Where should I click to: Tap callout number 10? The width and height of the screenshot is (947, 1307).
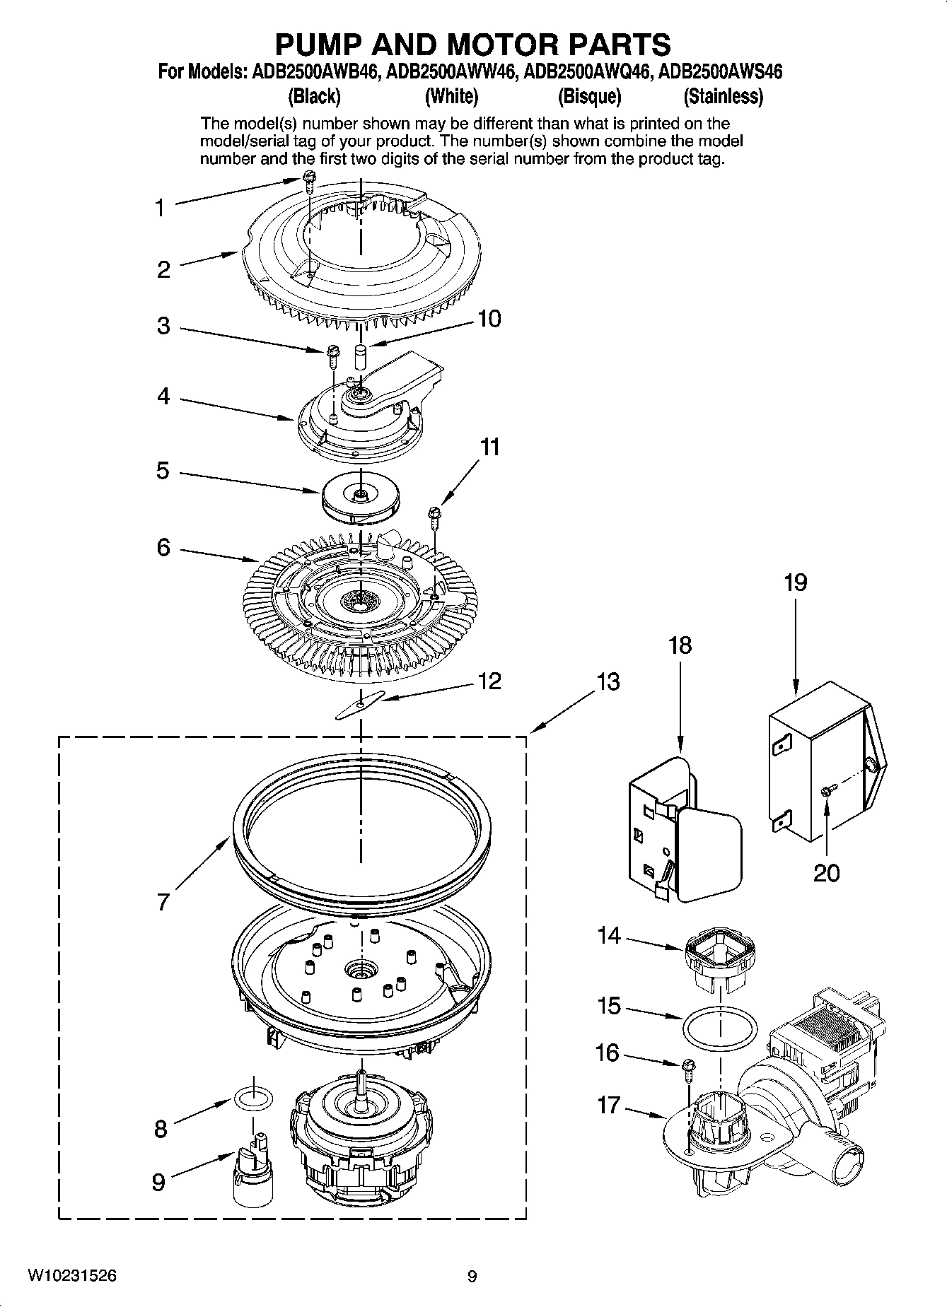click(489, 319)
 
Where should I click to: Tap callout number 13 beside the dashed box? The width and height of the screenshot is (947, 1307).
click(608, 682)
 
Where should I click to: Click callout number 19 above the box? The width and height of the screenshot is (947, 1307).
click(795, 583)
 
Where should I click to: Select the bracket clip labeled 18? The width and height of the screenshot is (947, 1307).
click(682, 827)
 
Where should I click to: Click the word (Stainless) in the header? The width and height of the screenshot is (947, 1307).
click(723, 96)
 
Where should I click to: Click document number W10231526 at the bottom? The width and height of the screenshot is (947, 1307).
click(72, 1276)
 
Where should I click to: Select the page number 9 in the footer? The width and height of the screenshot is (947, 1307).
click(472, 1277)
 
